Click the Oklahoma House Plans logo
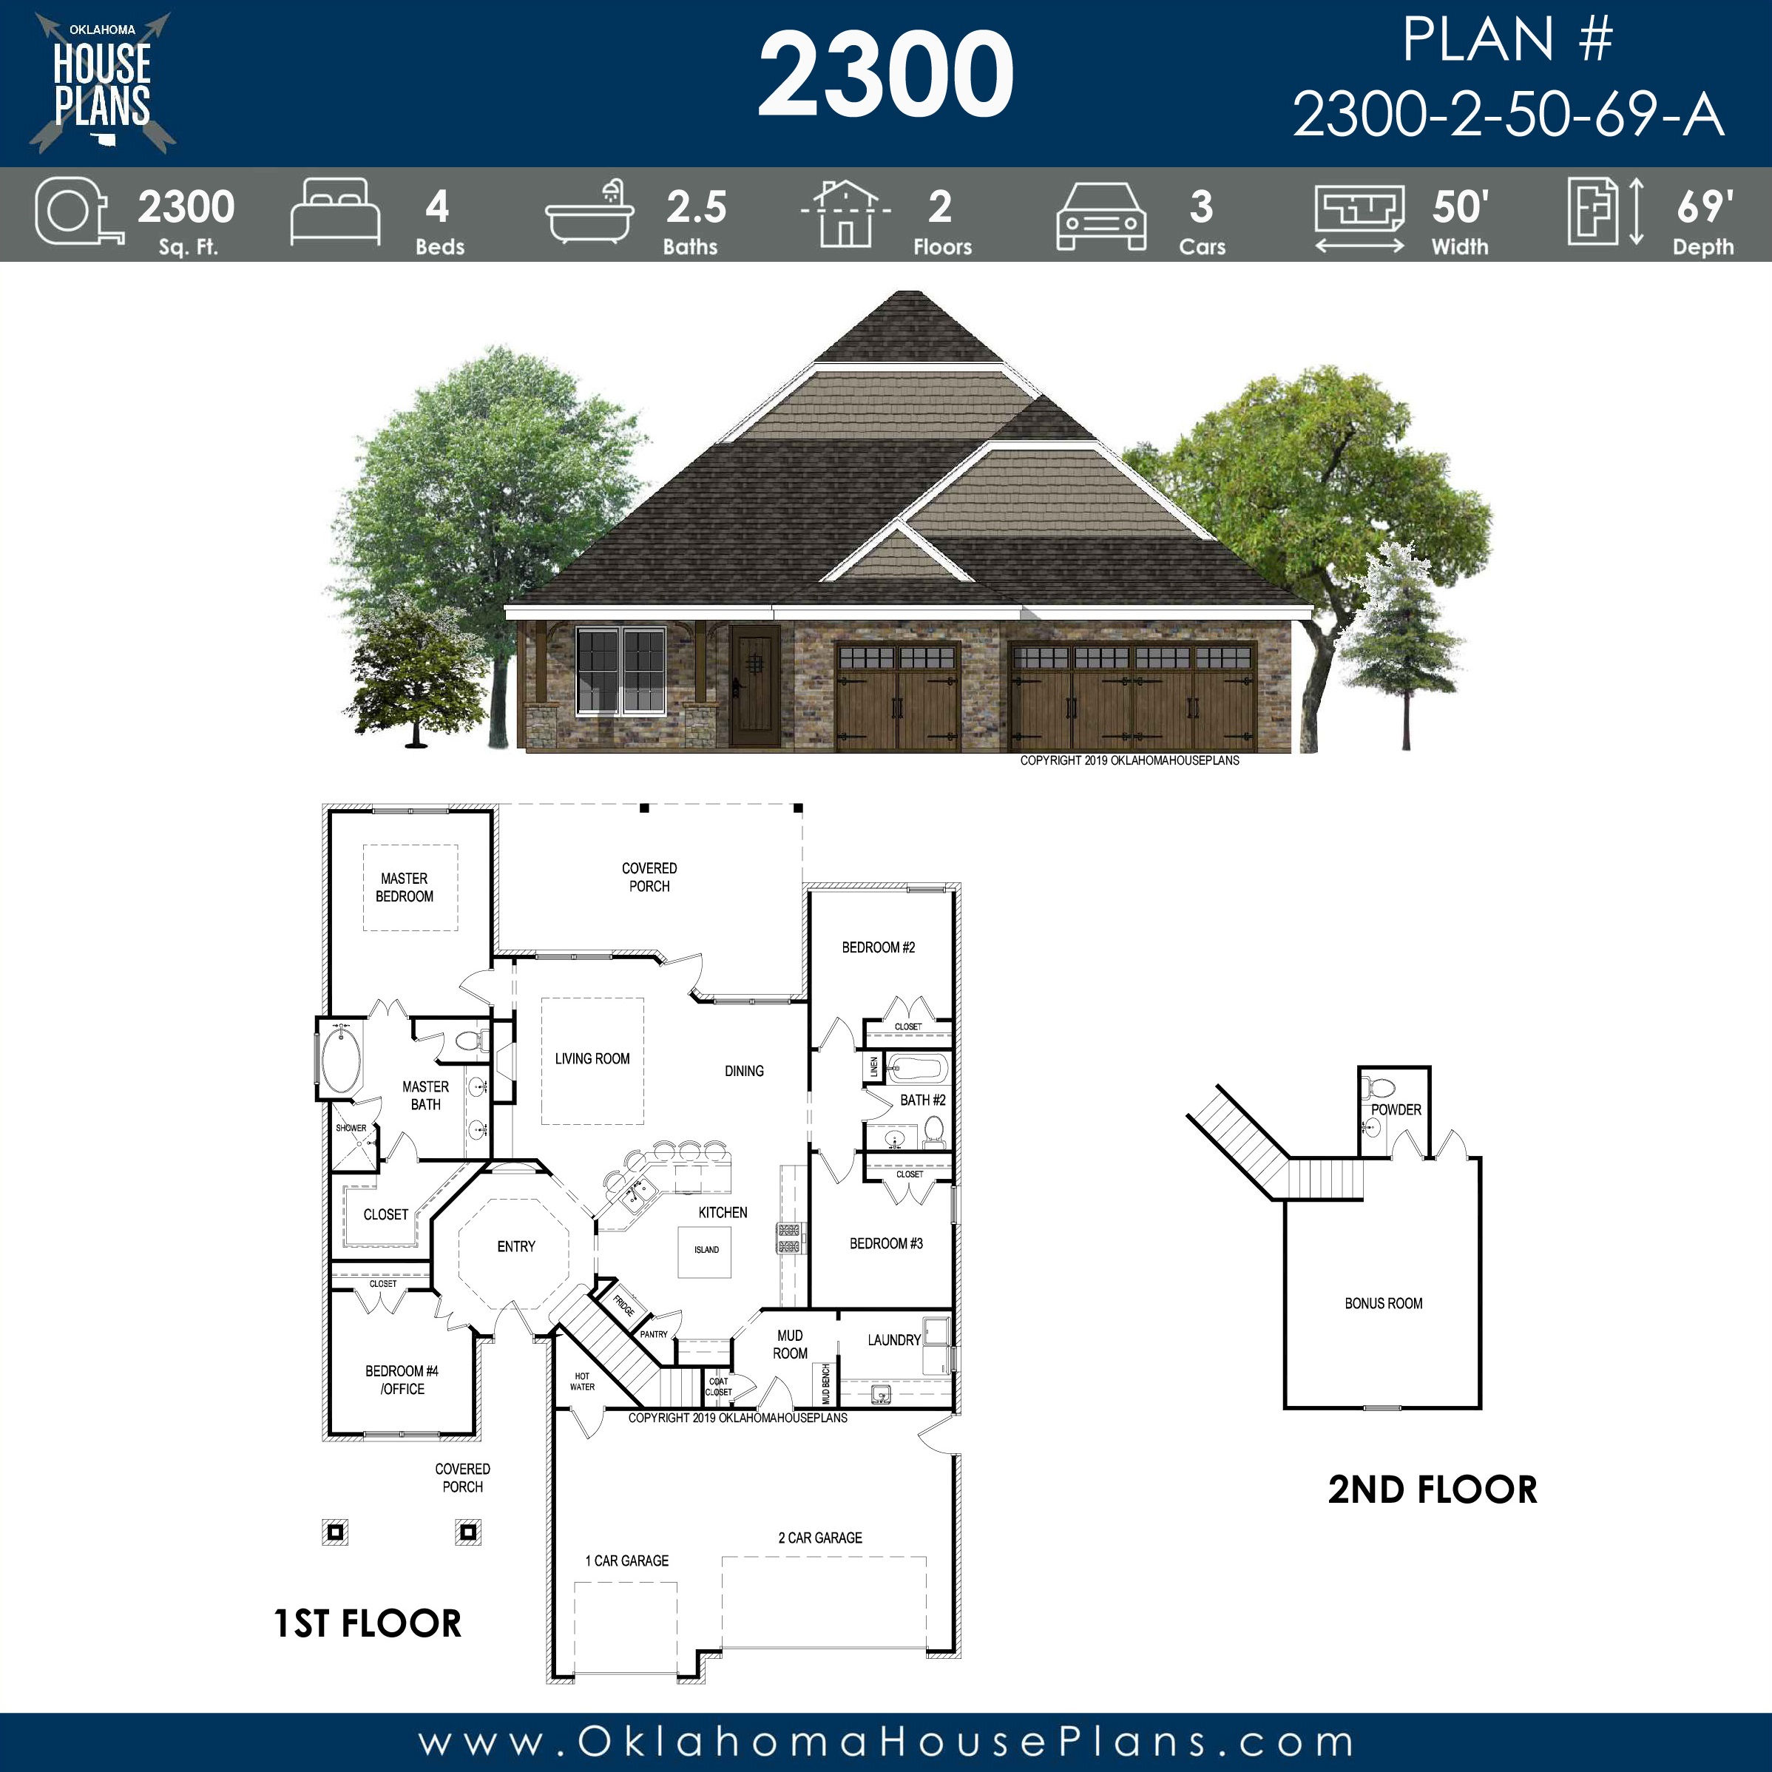click(102, 83)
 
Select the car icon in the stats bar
click(1101, 215)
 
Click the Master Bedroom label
click(405, 887)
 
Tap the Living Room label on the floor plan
click(592, 1058)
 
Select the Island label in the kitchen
click(706, 1249)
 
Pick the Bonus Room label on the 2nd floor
click(1383, 1303)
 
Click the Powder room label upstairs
click(1396, 1110)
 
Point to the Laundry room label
click(894, 1340)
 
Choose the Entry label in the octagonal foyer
click(516, 1246)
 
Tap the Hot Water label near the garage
click(583, 1382)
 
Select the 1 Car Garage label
click(627, 1560)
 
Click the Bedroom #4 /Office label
click(402, 1379)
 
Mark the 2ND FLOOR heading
click(1433, 1490)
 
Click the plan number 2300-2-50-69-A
click(1509, 115)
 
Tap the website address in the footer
click(886, 1742)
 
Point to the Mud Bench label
click(825, 1384)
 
